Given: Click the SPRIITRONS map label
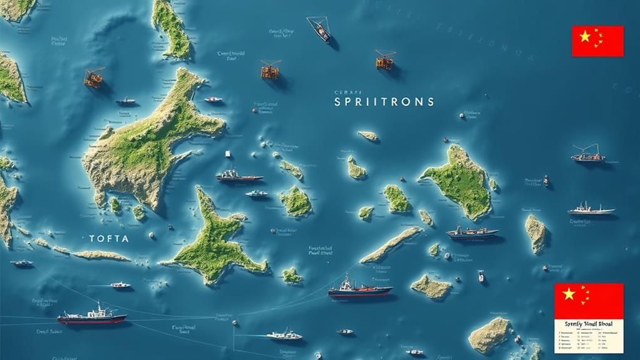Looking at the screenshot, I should tap(384, 101).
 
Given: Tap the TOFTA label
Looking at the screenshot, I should tap(109, 239).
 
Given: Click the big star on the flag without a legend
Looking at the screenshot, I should tap(585, 37).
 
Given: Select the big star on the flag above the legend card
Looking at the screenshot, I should tap(569, 294).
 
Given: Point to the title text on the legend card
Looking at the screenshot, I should tap(589, 324).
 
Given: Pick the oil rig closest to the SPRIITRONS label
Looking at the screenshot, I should tap(385, 60).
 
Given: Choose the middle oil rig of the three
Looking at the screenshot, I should tap(271, 69).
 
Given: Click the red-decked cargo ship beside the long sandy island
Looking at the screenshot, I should tap(359, 289).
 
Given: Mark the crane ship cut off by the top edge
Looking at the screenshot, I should tap(319, 28).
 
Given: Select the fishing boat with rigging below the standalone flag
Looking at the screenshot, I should tap(588, 155).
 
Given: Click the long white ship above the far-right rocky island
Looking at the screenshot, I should tap(591, 210).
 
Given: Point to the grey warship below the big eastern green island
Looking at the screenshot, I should tap(472, 233).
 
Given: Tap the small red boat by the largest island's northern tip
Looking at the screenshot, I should tap(214, 99).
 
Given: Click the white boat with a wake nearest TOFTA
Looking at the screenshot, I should tap(120, 285).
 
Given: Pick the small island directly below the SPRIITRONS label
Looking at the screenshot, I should tap(368, 135).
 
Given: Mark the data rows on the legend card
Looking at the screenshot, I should tap(589, 339).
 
